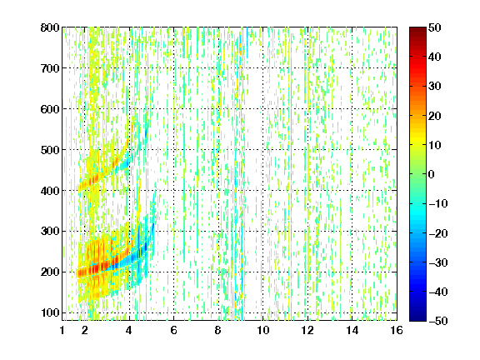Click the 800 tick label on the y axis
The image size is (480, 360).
pyautogui.click(x=50, y=27)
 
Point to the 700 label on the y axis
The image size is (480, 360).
pyautogui.click(x=50, y=68)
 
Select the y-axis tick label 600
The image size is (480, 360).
pyautogui.click(x=50, y=109)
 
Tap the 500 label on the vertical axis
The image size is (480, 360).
pyautogui.click(x=50, y=150)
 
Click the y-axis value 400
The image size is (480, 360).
pyautogui.click(x=50, y=191)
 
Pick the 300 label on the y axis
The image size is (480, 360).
pyautogui.click(x=50, y=232)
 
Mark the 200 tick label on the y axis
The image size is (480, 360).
pyautogui.click(x=50, y=272)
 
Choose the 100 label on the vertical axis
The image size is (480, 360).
pyautogui.click(x=50, y=312)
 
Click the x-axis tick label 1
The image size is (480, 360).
pyautogui.click(x=62, y=330)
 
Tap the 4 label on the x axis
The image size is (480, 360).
pyautogui.click(x=129, y=330)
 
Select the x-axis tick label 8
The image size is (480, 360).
pyautogui.click(x=218, y=330)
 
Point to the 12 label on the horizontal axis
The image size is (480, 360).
pyautogui.click(x=307, y=330)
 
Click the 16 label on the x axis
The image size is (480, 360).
pyautogui.click(x=397, y=330)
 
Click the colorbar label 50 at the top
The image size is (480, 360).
pyautogui.click(x=435, y=27)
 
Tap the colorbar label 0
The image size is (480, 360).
pyautogui.click(x=432, y=174)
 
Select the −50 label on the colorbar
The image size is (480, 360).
pyautogui.click(x=438, y=321)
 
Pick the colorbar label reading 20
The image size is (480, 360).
pyautogui.click(x=435, y=116)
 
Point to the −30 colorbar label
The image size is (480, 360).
pyautogui.click(x=438, y=262)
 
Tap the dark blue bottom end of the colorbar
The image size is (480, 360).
pyautogui.click(x=417, y=319)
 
